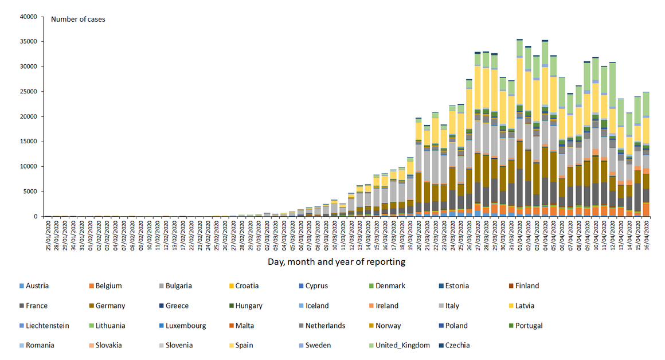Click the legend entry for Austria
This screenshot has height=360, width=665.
click(37, 285)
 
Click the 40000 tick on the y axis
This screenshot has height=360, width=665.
click(28, 17)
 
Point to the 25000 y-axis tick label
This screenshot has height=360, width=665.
click(28, 92)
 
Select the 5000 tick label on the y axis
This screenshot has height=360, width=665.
click(29, 191)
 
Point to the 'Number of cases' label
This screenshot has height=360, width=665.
click(78, 19)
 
